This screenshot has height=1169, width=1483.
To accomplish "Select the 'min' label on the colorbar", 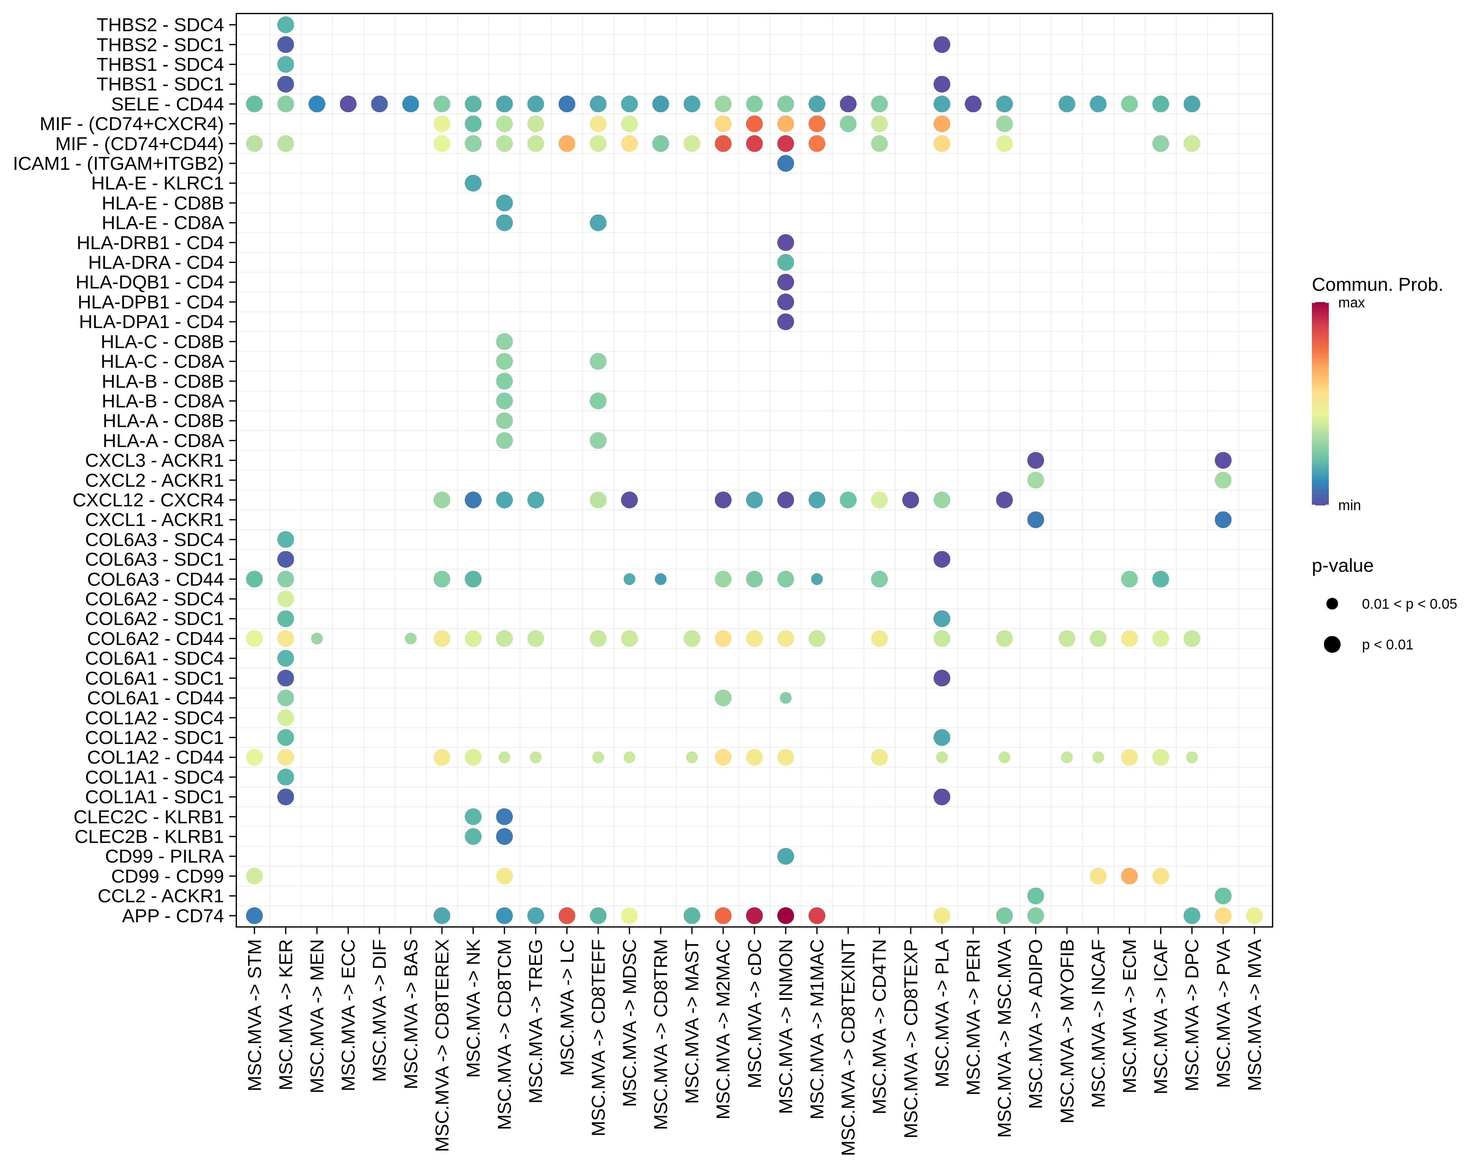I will pyautogui.click(x=1349, y=506).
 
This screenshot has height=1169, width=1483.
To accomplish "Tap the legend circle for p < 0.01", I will pyautogui.click(x=1332, y=645).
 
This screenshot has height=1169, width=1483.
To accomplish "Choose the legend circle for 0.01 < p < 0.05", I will pyautogui.click(x=1332, y=604).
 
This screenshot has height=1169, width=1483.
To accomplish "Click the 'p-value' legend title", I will pyautogui.click(x=1342, y=566).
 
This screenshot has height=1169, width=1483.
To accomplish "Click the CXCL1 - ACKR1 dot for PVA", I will pyautogui.click(x=1223, y=520).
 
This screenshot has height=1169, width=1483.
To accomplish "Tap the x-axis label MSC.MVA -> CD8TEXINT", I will pyautogui.click(x=848, y=1047).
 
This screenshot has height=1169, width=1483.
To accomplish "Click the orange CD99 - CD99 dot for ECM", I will pyautogui.click(x=1129, y=876).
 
